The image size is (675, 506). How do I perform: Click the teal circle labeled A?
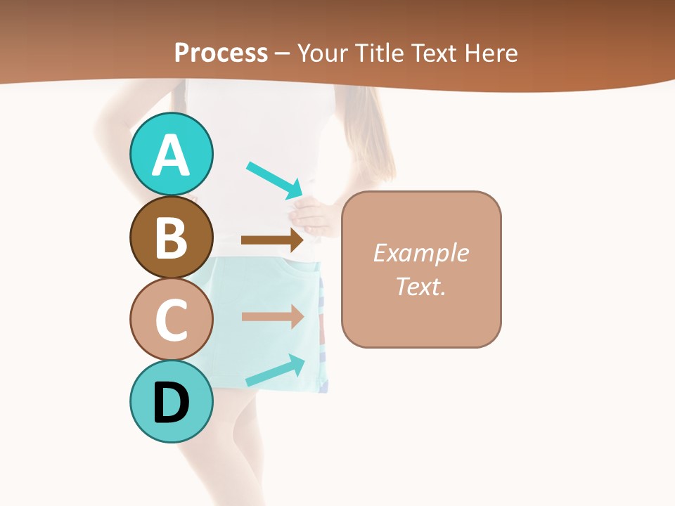tap(171, 154)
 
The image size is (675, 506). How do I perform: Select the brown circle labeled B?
tap(171, 237)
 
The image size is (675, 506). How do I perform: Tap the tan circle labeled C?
tap(171, 320)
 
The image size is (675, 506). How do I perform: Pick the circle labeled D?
tap(171, 402)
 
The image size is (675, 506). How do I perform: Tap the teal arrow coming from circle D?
tap(275, 370)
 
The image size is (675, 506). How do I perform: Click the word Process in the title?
tap(221, 53)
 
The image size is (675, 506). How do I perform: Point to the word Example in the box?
tap(420, 253)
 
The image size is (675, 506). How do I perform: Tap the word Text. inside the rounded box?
tap(420, 287)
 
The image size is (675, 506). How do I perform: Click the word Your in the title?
tap(322, 53)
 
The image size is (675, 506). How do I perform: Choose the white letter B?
tap(171, 237)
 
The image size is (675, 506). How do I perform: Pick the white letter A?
tap(171, 155)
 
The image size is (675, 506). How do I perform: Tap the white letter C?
tap(171, 320)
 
